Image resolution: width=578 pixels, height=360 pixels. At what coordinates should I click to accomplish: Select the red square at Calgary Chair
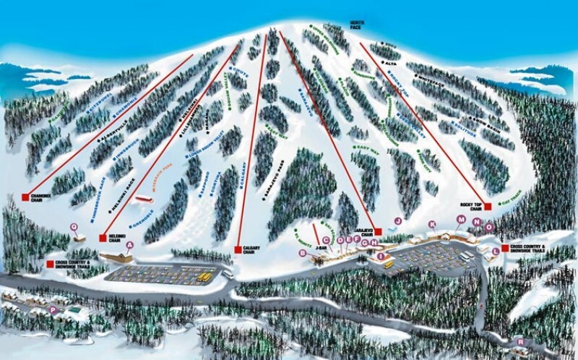click(238, 249)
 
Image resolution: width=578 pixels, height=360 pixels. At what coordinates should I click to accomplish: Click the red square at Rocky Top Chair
click(488, 207)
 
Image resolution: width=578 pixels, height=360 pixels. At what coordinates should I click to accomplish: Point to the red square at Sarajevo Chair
click(377, 232)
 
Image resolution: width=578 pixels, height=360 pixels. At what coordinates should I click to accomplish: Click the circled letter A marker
click(130, 245)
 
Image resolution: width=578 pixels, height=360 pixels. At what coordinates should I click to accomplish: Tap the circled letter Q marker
click(74, 226)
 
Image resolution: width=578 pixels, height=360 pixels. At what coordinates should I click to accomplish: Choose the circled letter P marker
click(52, 309)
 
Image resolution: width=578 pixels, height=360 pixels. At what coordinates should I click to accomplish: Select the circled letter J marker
click(397, 220)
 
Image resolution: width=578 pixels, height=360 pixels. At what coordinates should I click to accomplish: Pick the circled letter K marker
click(432, 225)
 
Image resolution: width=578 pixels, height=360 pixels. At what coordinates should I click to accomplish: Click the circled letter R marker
click(521, 342)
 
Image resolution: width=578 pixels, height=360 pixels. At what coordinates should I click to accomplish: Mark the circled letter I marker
click(380, 256)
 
